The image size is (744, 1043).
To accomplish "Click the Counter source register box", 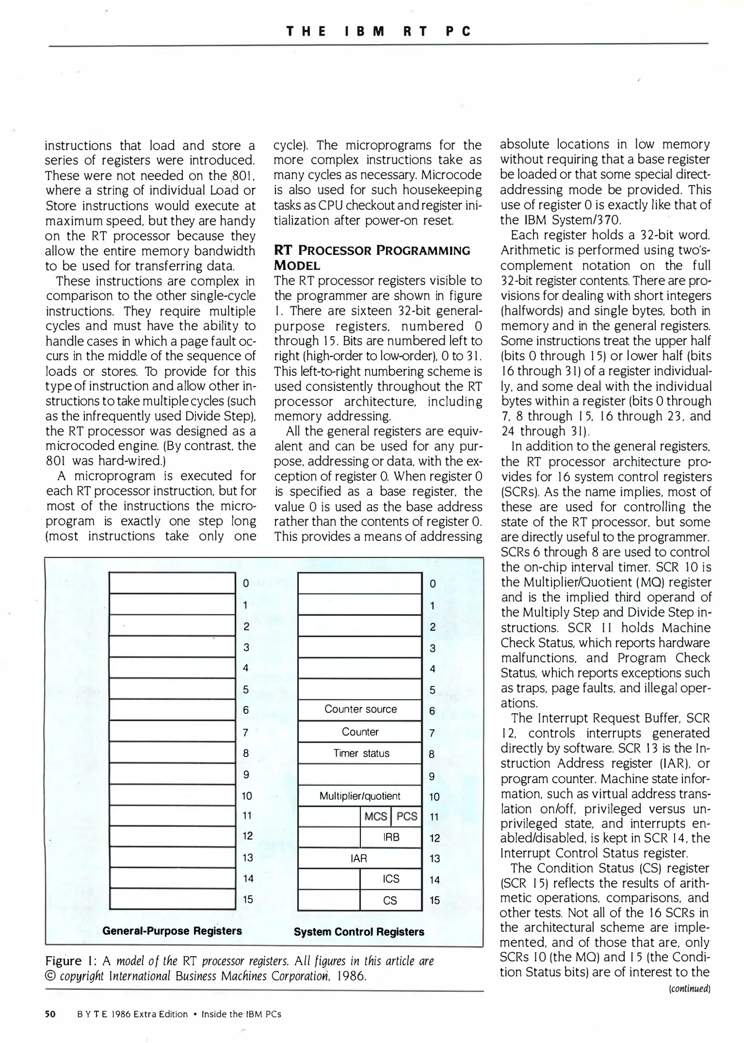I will click(x=360, y=709).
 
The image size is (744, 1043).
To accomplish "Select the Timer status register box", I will click(x=360, y=753).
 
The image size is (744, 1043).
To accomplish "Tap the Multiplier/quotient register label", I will click(x=360, y=796).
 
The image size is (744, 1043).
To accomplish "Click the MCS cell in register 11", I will click(x=375, y=817).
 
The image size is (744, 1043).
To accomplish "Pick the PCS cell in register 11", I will click(x=406, y=817).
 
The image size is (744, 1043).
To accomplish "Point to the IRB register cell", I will click(x=391, y=837).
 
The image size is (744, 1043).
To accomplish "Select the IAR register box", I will click(x=359, y=859).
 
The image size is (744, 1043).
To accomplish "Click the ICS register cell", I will click(x=391, y=879).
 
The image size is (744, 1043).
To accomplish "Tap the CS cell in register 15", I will click(x=390, y=901).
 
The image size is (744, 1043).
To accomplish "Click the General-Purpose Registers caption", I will click(x=172, y=930).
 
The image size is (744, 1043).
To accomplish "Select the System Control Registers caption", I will click(x=358, y=931).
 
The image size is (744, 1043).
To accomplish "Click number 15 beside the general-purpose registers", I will click(x=248, y=899).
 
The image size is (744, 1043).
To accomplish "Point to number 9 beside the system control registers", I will click(x=432, y=776).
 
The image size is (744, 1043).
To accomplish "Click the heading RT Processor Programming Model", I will click(x=372, y=257).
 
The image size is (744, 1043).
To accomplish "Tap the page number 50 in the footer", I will click(x=50, y=1014).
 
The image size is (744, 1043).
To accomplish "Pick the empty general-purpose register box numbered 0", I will click(x=172, y=583).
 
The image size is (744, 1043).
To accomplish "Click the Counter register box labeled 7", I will click(x=360, y=732).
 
